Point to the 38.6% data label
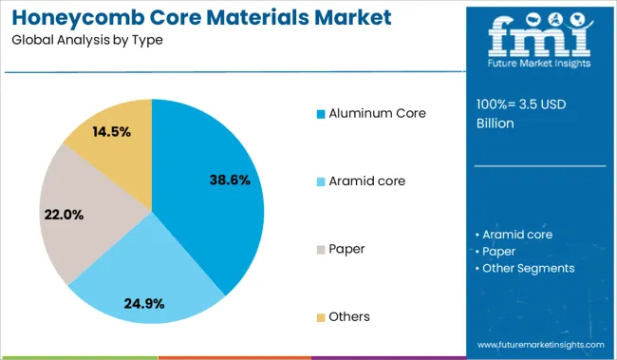click(228, 179)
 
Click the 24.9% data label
click(144, 304)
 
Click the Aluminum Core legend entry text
click(377, 114)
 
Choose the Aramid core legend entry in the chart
click(366, 181)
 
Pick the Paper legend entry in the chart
click(346, 249)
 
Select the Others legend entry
click(349, 316)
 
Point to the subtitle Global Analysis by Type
click(88, 42)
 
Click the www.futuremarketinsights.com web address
click(540, 344)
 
